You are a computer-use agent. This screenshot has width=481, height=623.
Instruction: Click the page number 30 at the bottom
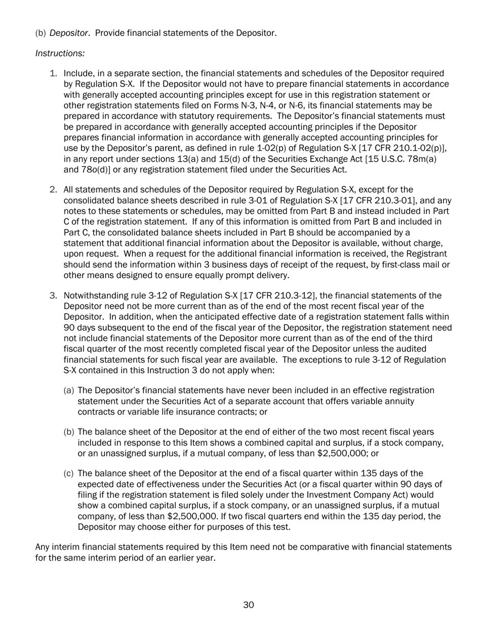point(249,605)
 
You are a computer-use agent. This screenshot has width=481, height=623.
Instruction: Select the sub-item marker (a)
point(69,390)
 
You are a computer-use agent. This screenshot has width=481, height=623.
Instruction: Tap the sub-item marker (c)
point(69,473)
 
